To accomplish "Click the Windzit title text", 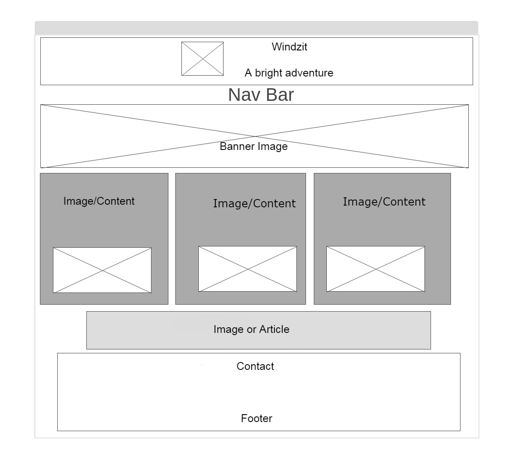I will [289, 47].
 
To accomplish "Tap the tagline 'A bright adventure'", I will [289, 73].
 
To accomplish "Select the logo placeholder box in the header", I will [202, 59].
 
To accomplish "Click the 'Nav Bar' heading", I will [261, 95].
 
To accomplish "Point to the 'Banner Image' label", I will [253, 146].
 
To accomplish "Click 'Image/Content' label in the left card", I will [99, 201].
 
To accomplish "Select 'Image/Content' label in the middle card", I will [254, 204].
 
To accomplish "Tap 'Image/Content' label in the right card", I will [384, 202].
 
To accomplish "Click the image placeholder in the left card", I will [102, 270].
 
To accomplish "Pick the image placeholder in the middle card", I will [247, 269].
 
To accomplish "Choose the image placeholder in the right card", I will [375, 269].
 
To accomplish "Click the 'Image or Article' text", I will [251, 329].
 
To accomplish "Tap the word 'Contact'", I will [255, 366].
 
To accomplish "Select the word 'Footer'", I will [256, 419].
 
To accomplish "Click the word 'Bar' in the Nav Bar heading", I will [280, 95].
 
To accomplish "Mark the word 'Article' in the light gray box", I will [274, 329].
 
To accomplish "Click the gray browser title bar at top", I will [256, 27].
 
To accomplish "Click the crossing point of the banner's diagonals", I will [254, 136].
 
